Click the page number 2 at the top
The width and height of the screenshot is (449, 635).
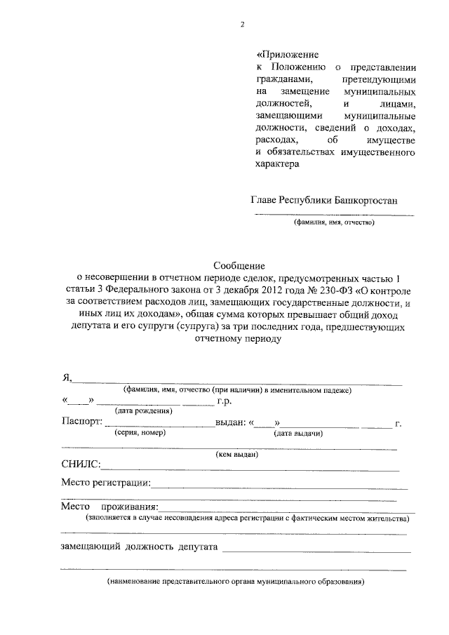242,25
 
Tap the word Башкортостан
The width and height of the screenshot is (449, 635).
365,199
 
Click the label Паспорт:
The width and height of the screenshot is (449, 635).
82,423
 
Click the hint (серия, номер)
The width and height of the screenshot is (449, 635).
139,433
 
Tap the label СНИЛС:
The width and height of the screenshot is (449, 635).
81,465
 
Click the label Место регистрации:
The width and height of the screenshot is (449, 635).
106,483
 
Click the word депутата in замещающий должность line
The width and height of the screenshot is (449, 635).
199,546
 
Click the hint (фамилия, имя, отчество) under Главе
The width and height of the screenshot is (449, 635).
334,223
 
